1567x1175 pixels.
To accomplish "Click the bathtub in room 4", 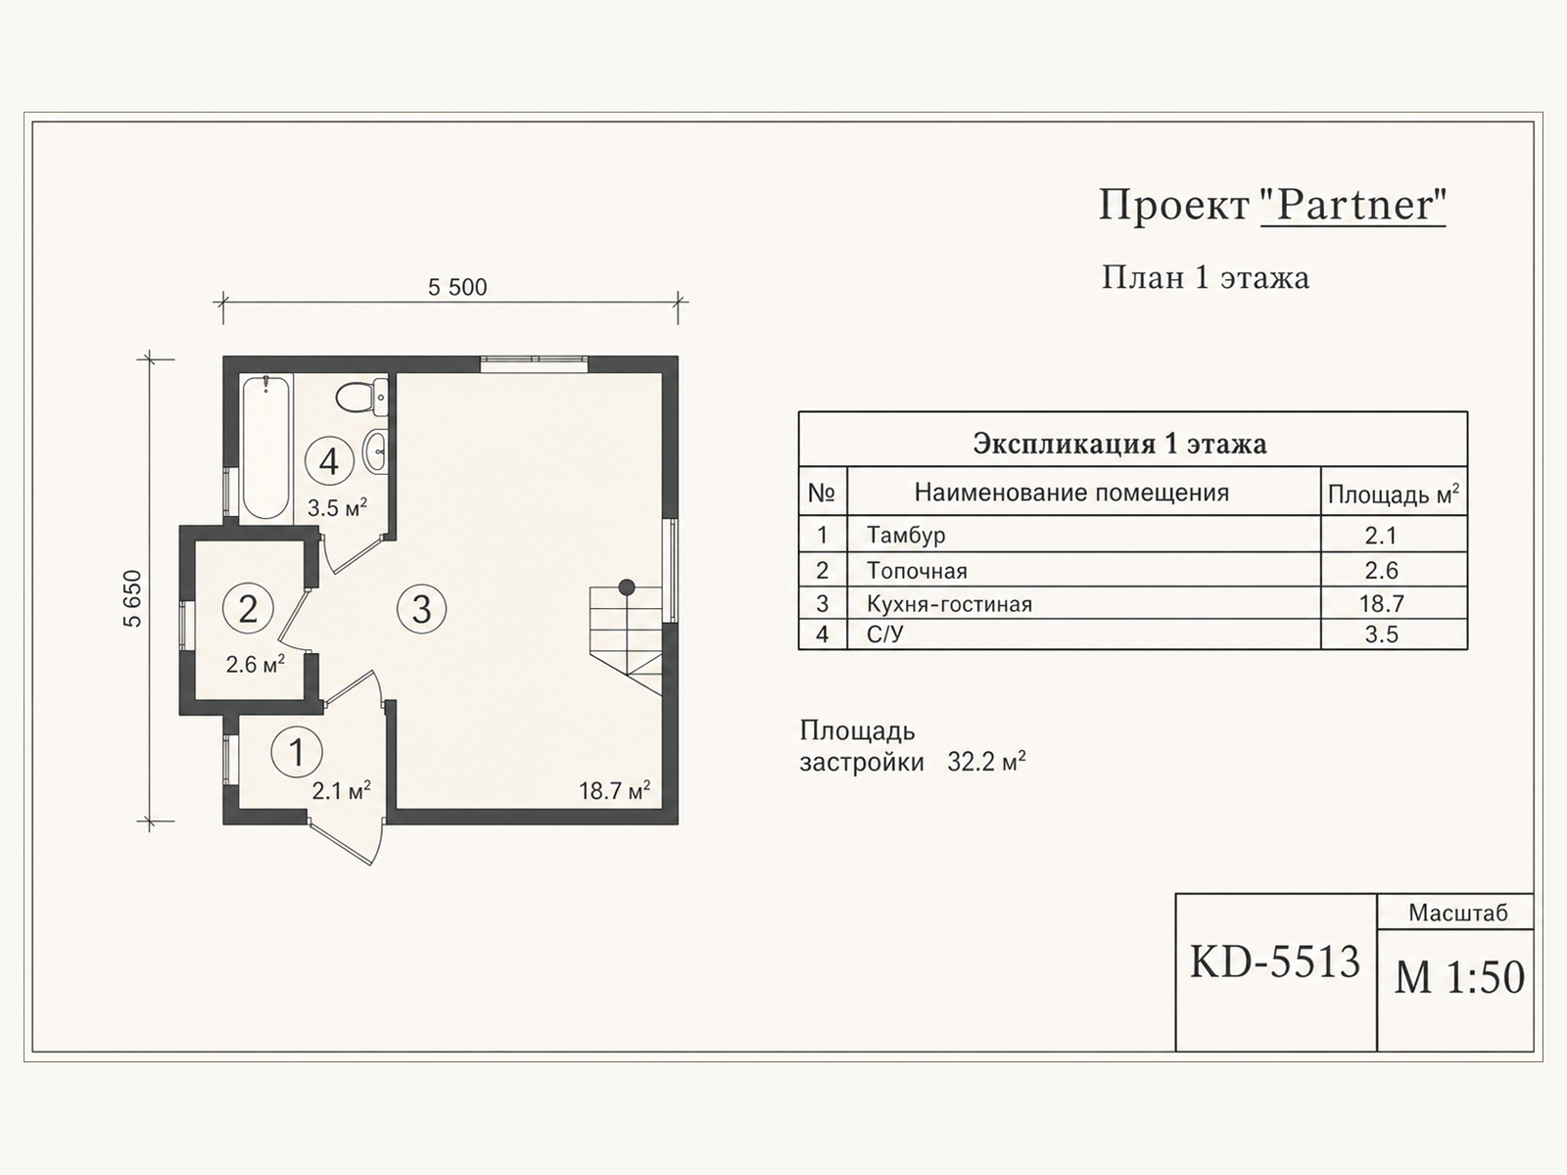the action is click(x=265, y=447).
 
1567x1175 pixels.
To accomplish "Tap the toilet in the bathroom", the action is click(x=361, y=399).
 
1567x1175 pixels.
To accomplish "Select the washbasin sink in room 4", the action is click(x=376, y=450).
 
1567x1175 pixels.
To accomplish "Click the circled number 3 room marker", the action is click(x=422, y=609).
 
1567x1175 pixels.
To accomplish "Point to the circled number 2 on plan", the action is click(x=248, y=608).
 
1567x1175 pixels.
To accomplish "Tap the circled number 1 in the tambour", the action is click(x=297, y=751).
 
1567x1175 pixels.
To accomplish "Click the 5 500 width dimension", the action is click(x=457, y=287).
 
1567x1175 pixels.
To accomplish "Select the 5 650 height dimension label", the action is click(x=133, y=598).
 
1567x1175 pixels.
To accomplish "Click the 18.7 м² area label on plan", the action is click(x=614, y=790).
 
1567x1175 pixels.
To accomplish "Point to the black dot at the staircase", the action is click(x=627, y=587).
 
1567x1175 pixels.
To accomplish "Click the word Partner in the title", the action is click(x=1353, y=205).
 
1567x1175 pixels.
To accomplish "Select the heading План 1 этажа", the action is click(x=1205, y=277).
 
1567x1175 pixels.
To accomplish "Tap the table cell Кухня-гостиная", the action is click(x=949, y=604).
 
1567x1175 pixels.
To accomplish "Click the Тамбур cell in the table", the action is click(x=906, y=535).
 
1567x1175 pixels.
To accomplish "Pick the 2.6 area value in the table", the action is click(x=1381, y=570).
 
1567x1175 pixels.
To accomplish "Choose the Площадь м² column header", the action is click(x=1394, y=493).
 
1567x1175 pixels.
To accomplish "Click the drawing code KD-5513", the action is click(x=1275, y=962).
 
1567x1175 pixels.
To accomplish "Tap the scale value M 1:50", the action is click(x=1459, y=976).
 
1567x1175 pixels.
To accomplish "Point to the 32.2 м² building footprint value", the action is click(x=986, y=762).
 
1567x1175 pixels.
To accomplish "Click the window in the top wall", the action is click(x=534, y=364).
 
